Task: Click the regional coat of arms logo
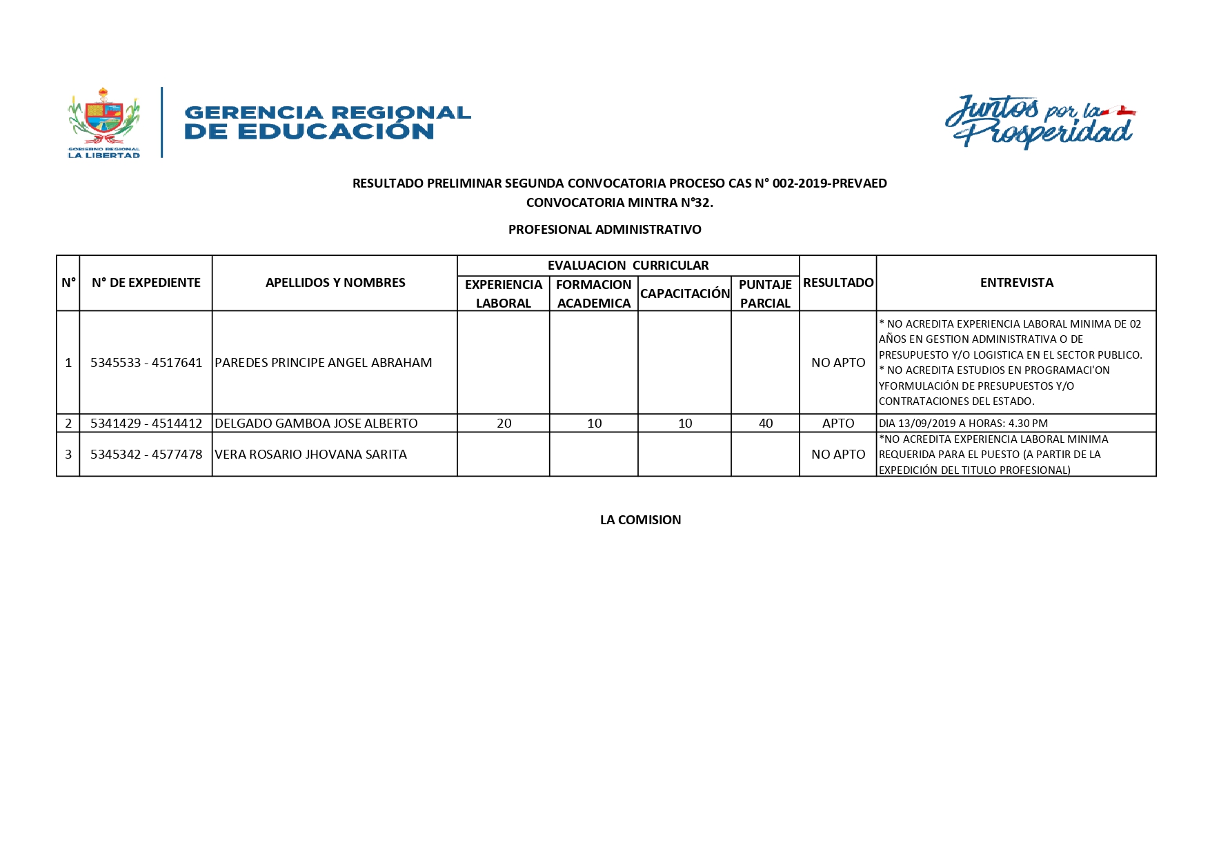click(103, 122)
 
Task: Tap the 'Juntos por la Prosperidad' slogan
click(1039, 122)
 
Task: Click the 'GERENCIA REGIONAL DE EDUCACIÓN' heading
click(328, 122)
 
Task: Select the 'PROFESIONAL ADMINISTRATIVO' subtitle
click(604, 230)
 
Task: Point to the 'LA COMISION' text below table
click(640, 520)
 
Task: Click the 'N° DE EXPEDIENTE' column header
click(146, 283)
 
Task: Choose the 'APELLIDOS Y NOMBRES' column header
click(335, 283)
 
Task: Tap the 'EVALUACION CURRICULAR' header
click(628, 266)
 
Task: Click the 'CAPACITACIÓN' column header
click(685, 294)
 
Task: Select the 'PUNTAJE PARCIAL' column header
click(765, 294)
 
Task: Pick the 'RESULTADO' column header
click(838, 283)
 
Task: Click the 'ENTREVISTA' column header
click(1016, 283)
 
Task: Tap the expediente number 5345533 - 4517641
click(146, 363)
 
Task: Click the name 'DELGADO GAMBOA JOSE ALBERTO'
click(316, 424)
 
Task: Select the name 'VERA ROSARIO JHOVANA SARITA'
click(310, 455)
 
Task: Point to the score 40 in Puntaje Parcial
click(766, 424)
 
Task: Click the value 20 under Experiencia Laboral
click(504, 424)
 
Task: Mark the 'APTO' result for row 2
click(838, 424)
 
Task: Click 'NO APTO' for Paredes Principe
click(838, 363)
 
